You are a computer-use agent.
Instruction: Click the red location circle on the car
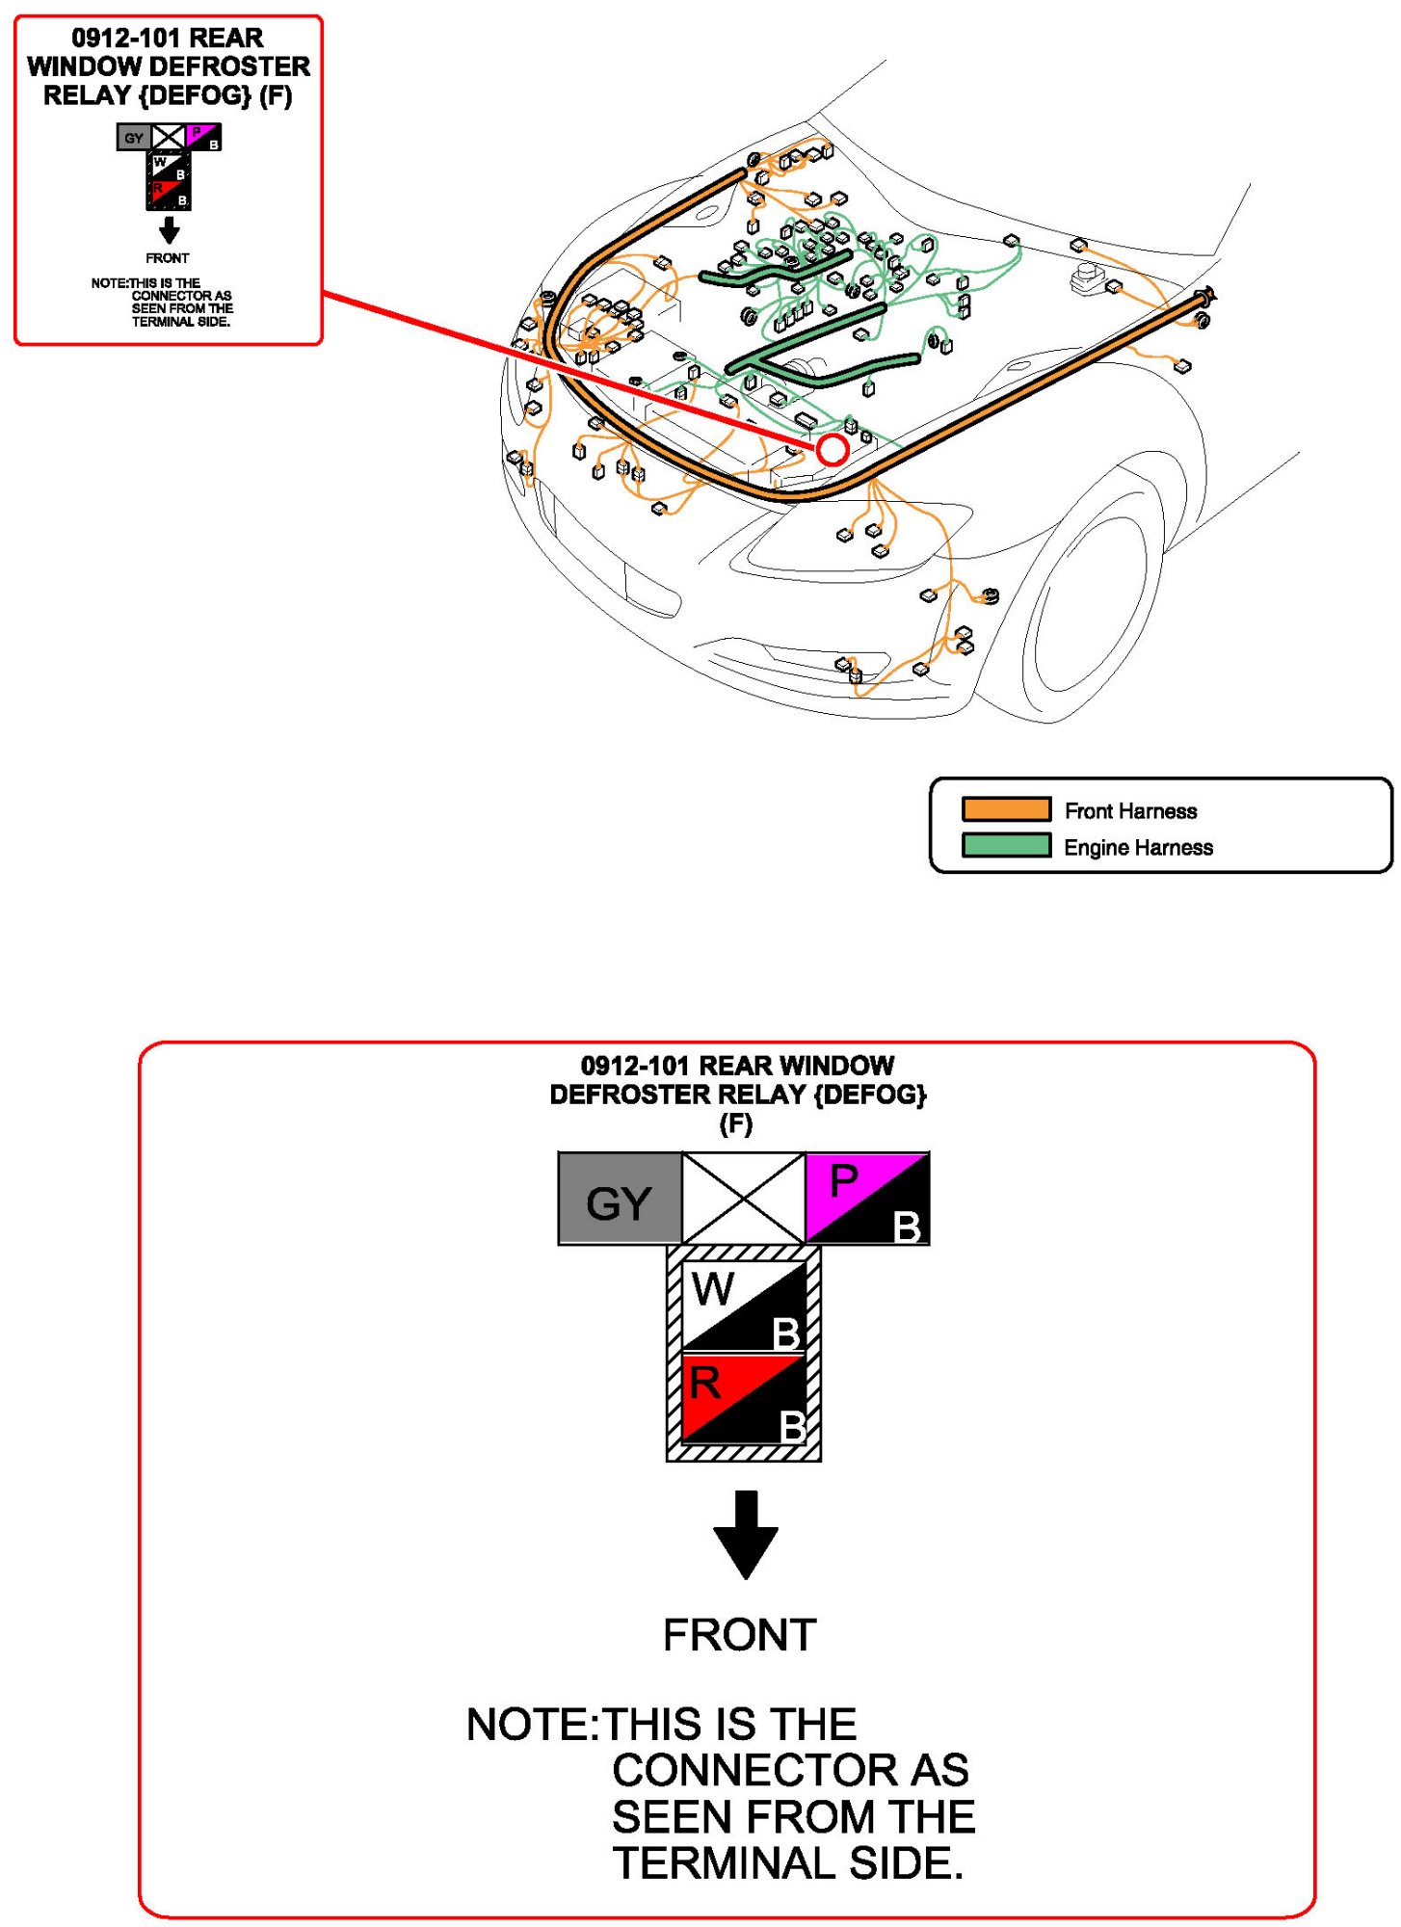[x=833, y=449]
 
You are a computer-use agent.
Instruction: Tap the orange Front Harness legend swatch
[x=1006, y=809]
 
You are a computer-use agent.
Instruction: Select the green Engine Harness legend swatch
[x=1006, y=846]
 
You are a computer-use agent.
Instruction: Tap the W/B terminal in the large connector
[x=743, y=1306]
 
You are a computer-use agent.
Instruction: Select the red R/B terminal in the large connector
[x=743, y=1399]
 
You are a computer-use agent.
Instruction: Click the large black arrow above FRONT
[x=745, y=1532]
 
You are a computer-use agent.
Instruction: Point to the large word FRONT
[x=739, y=1635]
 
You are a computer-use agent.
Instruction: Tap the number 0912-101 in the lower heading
[x=634, y=1066]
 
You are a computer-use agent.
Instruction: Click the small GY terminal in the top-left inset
[x=133, y=138]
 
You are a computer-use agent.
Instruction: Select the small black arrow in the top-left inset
[x=169, y=230]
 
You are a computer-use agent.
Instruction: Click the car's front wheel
[x=1089, y=602]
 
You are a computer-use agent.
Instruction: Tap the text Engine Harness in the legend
[x=1138, y=848]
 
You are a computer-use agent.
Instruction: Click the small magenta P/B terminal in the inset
[x=203, y=137]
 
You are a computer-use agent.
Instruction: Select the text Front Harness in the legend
[x=1130, y=811]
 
